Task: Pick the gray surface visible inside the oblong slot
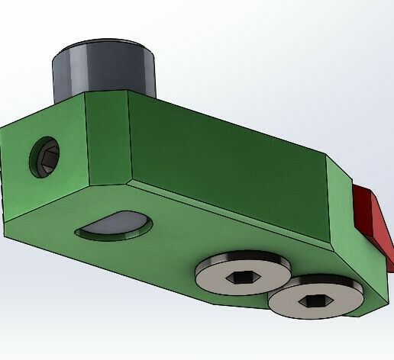click(116, 222)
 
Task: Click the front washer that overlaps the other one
click(315, 298)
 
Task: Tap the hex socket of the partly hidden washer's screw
click(241, 277)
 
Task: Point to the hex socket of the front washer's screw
click(314, 301)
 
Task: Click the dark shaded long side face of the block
click(229, 164)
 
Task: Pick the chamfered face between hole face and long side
click(107, 141)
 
